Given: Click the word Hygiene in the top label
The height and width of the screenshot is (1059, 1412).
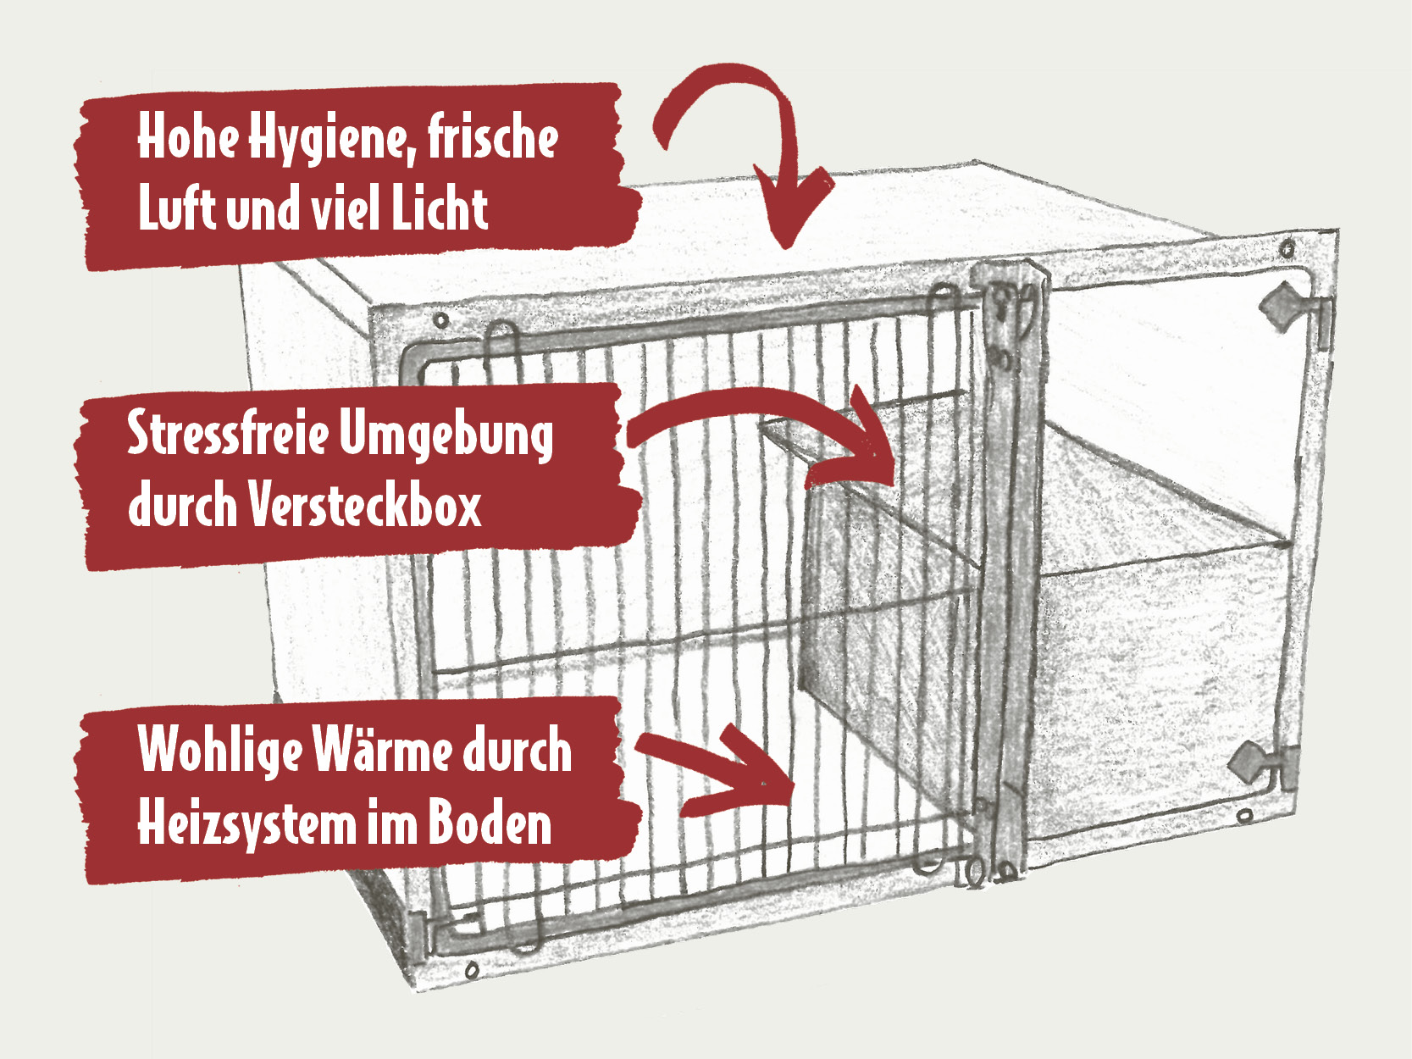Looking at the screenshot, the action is point(331,140).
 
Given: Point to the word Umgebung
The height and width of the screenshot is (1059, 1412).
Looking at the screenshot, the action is point(446,435).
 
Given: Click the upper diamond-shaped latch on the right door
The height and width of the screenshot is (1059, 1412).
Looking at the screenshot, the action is point(1276,306).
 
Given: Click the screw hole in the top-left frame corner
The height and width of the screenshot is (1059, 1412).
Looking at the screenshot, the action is point(440,319).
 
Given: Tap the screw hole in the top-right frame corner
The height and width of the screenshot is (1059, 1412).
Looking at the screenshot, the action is point(1287,247).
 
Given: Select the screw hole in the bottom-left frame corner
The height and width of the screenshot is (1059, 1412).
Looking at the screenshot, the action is point(472,969).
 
